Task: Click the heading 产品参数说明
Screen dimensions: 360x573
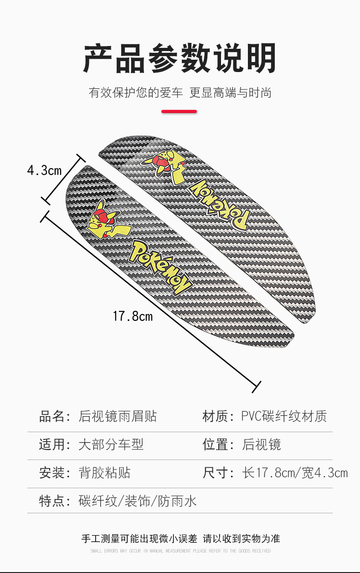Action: pos(180,58)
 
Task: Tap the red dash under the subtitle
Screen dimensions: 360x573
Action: pos(180,111)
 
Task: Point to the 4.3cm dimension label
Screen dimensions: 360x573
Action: pos(44,170)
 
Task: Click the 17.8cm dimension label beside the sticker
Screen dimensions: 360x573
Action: pos(133,316)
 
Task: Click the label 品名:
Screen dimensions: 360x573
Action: pos(55,416)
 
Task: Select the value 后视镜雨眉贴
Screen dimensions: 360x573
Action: pos(118,416)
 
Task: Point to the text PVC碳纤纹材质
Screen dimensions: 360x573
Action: pos(284,416)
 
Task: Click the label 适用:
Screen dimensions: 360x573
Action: pos(55,444)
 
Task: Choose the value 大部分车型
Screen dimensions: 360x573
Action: pos(111,444)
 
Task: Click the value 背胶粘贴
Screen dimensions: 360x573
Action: pos(104,473)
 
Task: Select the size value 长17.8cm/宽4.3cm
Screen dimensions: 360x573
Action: pos(295,473)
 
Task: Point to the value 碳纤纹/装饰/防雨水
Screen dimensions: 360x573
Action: pos(138,501)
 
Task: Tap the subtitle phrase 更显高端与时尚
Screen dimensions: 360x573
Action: pos(231,93)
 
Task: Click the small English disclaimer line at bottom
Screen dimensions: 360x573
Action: pos(180,551)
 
